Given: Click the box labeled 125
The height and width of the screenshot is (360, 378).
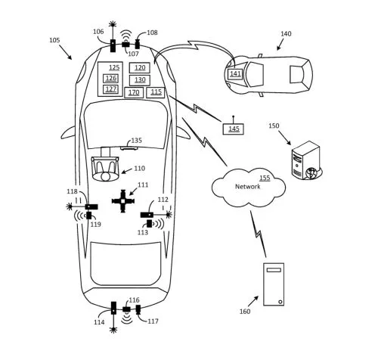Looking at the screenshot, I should [x=113, y=67].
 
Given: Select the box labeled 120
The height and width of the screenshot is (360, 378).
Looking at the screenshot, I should [x=139, y=67].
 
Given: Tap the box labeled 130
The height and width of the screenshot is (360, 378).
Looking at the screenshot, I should [x=139, y=79].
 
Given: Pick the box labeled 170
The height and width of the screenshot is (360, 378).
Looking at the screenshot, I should [x=134, y=92].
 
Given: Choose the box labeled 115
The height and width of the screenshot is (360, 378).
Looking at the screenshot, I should [x=156, y=92].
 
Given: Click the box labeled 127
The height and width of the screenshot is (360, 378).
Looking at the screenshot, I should [x=111, y=88].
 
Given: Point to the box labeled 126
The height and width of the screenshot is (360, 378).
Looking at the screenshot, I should [x=111, y=78].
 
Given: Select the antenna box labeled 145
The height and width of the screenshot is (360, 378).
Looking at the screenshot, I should [x=233, y=129].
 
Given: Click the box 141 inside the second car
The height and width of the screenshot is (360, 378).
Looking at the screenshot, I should [x=235, y=73].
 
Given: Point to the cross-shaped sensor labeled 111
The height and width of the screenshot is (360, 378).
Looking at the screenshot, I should [x=122, y=200].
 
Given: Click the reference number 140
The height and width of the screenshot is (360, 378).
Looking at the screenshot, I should [x=285, y=34].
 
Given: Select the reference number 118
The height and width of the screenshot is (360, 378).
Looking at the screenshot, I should [x=72, y=192].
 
